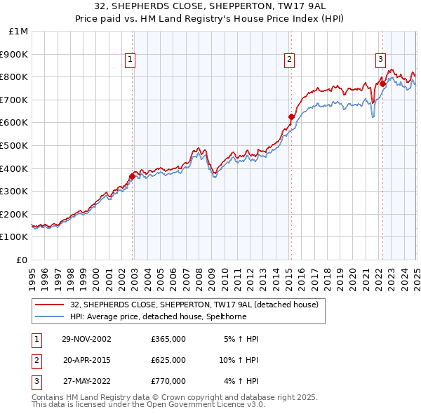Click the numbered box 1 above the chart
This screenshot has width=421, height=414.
pos(131,60)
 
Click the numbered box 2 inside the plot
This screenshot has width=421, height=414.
pos(289,60)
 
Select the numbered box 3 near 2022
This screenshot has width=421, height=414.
pos(380,60)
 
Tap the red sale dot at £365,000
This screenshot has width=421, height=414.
pos(133,176)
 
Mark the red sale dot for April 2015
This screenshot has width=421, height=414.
pos(291,116)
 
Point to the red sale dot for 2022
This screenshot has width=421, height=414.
pos(382,84)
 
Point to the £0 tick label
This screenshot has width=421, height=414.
pos(22,260)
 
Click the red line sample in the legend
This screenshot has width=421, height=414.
pos(49,305)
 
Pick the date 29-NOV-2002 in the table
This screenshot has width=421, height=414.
pos(87,339)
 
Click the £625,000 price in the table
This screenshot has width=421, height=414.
pos(168,360)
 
